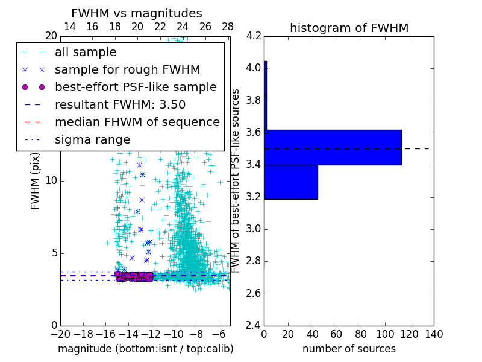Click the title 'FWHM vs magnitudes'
point(137,13)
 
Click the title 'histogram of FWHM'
point(349,28)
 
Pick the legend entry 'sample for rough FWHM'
point(127,69)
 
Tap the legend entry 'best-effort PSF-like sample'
point(136,87)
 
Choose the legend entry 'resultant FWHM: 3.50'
point(120,104)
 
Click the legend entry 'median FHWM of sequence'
point(137,122)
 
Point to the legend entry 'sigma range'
point(92,139)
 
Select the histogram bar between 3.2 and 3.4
point(291,182)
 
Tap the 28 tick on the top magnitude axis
point(228,27)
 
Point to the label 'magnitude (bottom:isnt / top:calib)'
point(145,349)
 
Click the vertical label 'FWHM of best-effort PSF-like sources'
point(236,180)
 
